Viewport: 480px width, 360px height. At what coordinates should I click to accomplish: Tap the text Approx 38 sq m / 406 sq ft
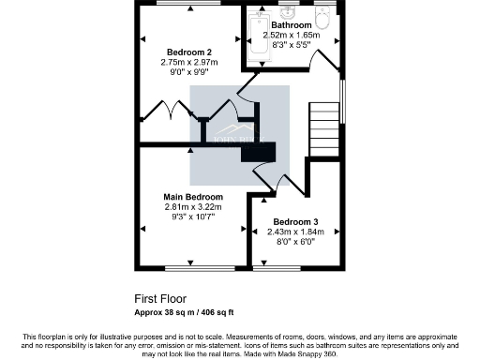point(190,311)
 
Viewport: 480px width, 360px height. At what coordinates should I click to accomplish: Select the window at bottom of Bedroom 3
point(283,267)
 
